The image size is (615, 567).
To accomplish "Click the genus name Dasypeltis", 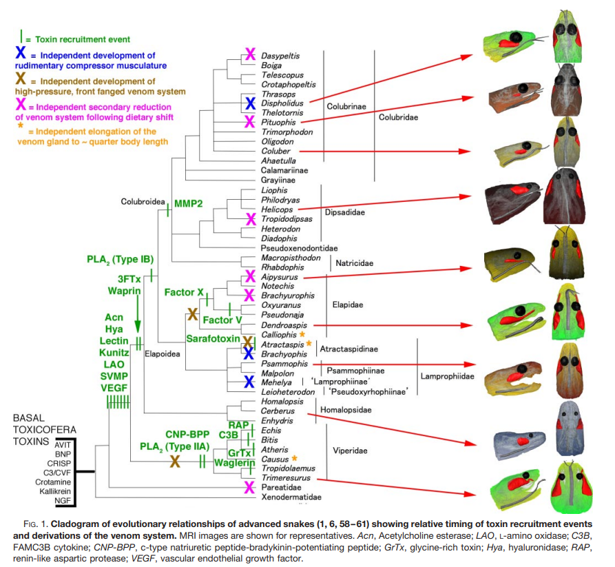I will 280,54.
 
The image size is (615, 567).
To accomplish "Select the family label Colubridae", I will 399,118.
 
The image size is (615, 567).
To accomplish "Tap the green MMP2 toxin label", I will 189,205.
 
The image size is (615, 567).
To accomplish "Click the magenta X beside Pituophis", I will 251,122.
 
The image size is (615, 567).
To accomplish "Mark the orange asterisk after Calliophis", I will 301,333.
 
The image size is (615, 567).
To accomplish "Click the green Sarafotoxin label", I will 211,339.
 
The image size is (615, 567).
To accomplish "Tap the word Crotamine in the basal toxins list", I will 55,484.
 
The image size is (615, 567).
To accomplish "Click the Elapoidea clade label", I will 163,353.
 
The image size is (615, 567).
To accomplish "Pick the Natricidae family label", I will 355,262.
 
